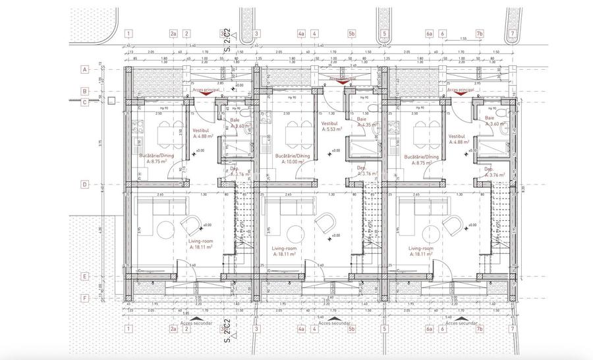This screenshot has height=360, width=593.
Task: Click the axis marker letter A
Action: coord(84,69)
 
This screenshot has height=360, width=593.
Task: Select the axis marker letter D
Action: coord(84,185)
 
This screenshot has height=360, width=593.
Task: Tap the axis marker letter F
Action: coord(84,297)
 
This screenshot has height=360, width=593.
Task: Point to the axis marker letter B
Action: coord(84,91)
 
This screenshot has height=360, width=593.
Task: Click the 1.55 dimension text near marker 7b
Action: coord(464,39)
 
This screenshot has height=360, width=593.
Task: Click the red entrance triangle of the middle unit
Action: coord(341,84)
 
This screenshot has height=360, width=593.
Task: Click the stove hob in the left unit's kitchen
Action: coord(140,127)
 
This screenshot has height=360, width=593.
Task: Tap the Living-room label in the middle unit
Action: coord(287,249)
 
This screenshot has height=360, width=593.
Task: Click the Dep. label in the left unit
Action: coord(233,169)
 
